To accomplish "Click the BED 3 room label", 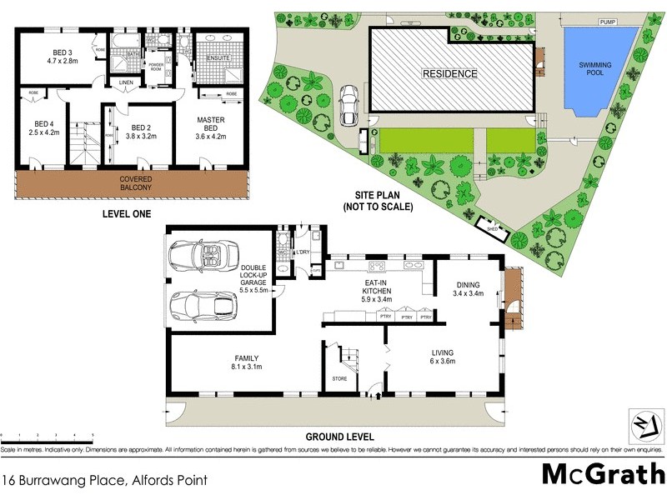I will [62, 51].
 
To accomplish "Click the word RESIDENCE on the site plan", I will [450, 73].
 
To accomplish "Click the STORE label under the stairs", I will [339, 378].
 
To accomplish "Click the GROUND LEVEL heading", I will [339, 437].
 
